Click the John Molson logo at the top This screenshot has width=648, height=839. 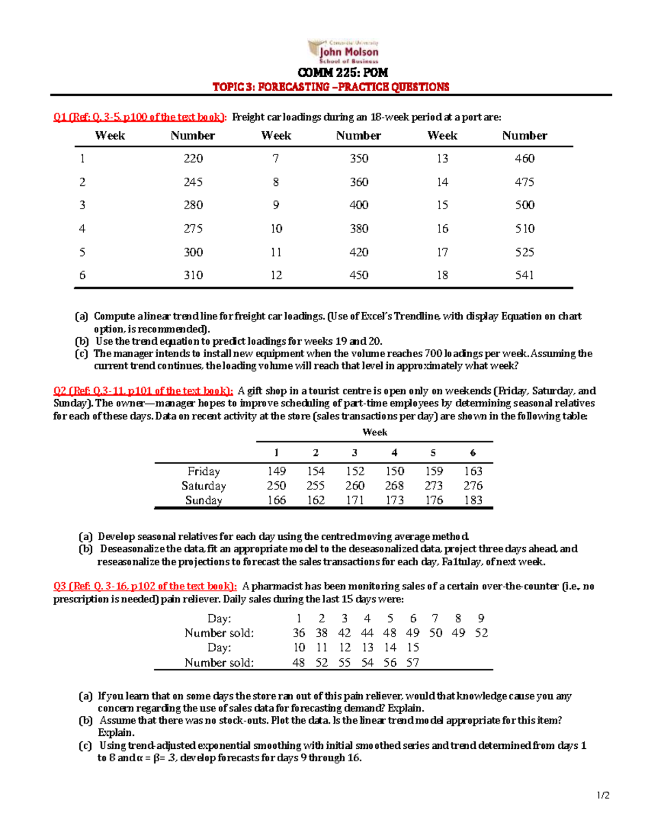pos(343,52)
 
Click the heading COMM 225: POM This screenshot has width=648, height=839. pos(343,73)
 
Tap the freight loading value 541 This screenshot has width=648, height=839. pos(524,275)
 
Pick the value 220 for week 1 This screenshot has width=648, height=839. pos(193,158)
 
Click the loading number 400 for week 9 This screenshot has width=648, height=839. pos(359,205)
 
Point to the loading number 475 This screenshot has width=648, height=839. pos(524,182)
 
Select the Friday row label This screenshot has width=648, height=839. pos(204,471)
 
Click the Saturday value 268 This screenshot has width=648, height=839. pos(394,486)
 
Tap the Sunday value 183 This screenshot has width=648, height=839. pos(473,500)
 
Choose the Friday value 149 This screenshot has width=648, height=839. pos(276,471)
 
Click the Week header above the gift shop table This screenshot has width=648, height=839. pos(375,432)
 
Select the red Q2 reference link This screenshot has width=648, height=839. pos(143,391)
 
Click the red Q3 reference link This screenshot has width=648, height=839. pos(145,586)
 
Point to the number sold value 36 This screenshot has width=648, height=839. pos(299,633)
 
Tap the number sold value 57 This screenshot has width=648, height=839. pos(413,662)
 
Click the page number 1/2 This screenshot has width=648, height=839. pos(603,795)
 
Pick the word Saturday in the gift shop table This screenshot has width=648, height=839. pos(204,486)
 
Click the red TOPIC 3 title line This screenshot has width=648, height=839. pos(330,87)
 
